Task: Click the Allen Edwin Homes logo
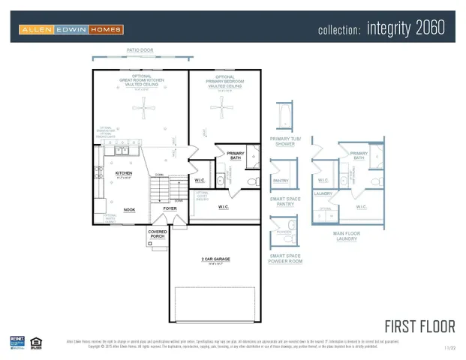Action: [71, 29]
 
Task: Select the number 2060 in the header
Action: [429, 28]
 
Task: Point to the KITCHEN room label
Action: [124, 172]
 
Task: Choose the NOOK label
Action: [129, 210]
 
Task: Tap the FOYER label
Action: [170, 208]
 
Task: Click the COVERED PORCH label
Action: [158, 234]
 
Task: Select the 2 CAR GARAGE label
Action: [215, 259]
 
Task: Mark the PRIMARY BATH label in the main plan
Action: [236, 155]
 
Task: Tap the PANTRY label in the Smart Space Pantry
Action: [281, 181]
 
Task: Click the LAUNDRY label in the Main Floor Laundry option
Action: [323, 193]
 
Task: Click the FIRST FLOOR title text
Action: [419, 326]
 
